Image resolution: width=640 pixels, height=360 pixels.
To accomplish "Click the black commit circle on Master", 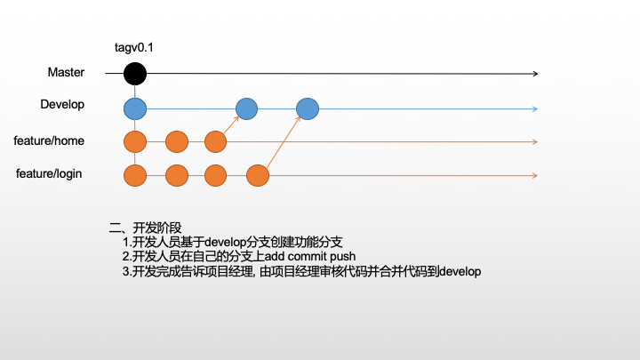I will pyautogui.click(x=134, y=74).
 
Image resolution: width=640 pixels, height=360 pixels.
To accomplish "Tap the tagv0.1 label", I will pyautogui.click(x=134, y=47).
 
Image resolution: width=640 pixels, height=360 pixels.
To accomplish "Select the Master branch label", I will pyautogui.click(x=66, y=72).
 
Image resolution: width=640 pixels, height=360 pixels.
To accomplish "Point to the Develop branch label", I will pyautogui.click(x=62, y=105).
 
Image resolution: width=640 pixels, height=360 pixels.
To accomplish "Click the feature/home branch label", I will pyautogui.click(x=49, y=140).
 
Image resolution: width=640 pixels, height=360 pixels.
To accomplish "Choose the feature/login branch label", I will pyautogui.click(x=49, y=173).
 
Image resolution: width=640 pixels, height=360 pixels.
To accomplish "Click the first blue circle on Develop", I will pyautogui.click(x=134, y=108).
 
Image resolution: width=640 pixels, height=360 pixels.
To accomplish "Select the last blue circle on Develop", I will pyautogui.click(x=307, y=108).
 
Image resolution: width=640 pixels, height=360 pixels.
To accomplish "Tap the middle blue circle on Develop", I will pyautogui.click(x=246, y=108).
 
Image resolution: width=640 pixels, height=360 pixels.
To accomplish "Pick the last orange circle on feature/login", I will pyautogui.click(x=258, y=175).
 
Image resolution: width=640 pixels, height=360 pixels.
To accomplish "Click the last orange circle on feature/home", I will pyautogui.click(x=215, y=141).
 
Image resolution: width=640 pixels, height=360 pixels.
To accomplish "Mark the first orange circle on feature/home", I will pyautogui.click(x=134, y=141).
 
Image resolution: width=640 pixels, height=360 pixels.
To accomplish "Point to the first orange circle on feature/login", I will pyautogui.click(x=134, y=175).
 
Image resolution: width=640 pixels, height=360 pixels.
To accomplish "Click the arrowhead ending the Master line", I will pyautogui.click(x=534, y=74).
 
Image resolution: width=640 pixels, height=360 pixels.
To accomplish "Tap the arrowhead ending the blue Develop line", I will pyautogui.click(x=534, y=108).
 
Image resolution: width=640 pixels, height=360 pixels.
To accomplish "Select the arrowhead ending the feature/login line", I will pyautogui.click(x=534, y=175).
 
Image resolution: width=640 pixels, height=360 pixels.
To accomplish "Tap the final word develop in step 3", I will pyautogui.click(x=460, y=272).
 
